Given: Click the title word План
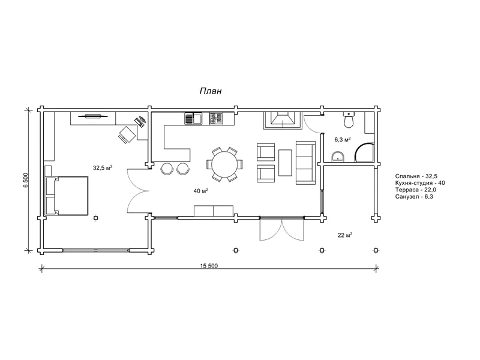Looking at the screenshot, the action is click(211, 91).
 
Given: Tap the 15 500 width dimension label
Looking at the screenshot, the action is click(209, 266).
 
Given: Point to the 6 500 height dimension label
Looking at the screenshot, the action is click(25, 181).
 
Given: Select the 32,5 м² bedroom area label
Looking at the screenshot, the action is click(103, 167).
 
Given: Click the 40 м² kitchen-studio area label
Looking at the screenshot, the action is click(201, 191).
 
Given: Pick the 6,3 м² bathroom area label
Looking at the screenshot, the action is click(342, 140).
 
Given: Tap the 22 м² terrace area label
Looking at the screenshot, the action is click(344, 235).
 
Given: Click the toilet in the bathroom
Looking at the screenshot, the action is click(349, 119).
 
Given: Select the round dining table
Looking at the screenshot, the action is click(224, 164).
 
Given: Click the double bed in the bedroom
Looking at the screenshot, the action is click(67, 196).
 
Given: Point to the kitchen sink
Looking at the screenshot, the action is click(193, 118).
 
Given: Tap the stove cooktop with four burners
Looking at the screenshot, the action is click(215, 118).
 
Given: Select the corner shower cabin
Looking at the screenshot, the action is click(364, 152).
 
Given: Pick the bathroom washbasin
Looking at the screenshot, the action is click(338, 157).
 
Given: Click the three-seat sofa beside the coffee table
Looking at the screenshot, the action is click(305, 163).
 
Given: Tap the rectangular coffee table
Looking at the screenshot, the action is click(285, 163).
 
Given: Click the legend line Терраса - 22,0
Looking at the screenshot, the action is click(415, 190).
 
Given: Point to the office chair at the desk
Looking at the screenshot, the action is click(127, 134).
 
